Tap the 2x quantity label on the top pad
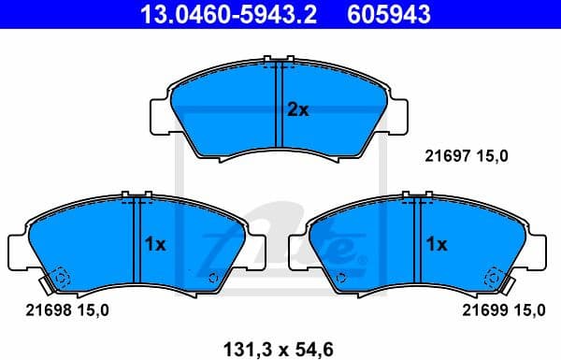[297, 109]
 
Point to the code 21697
[447, 156]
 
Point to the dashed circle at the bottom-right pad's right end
[493, 277]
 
